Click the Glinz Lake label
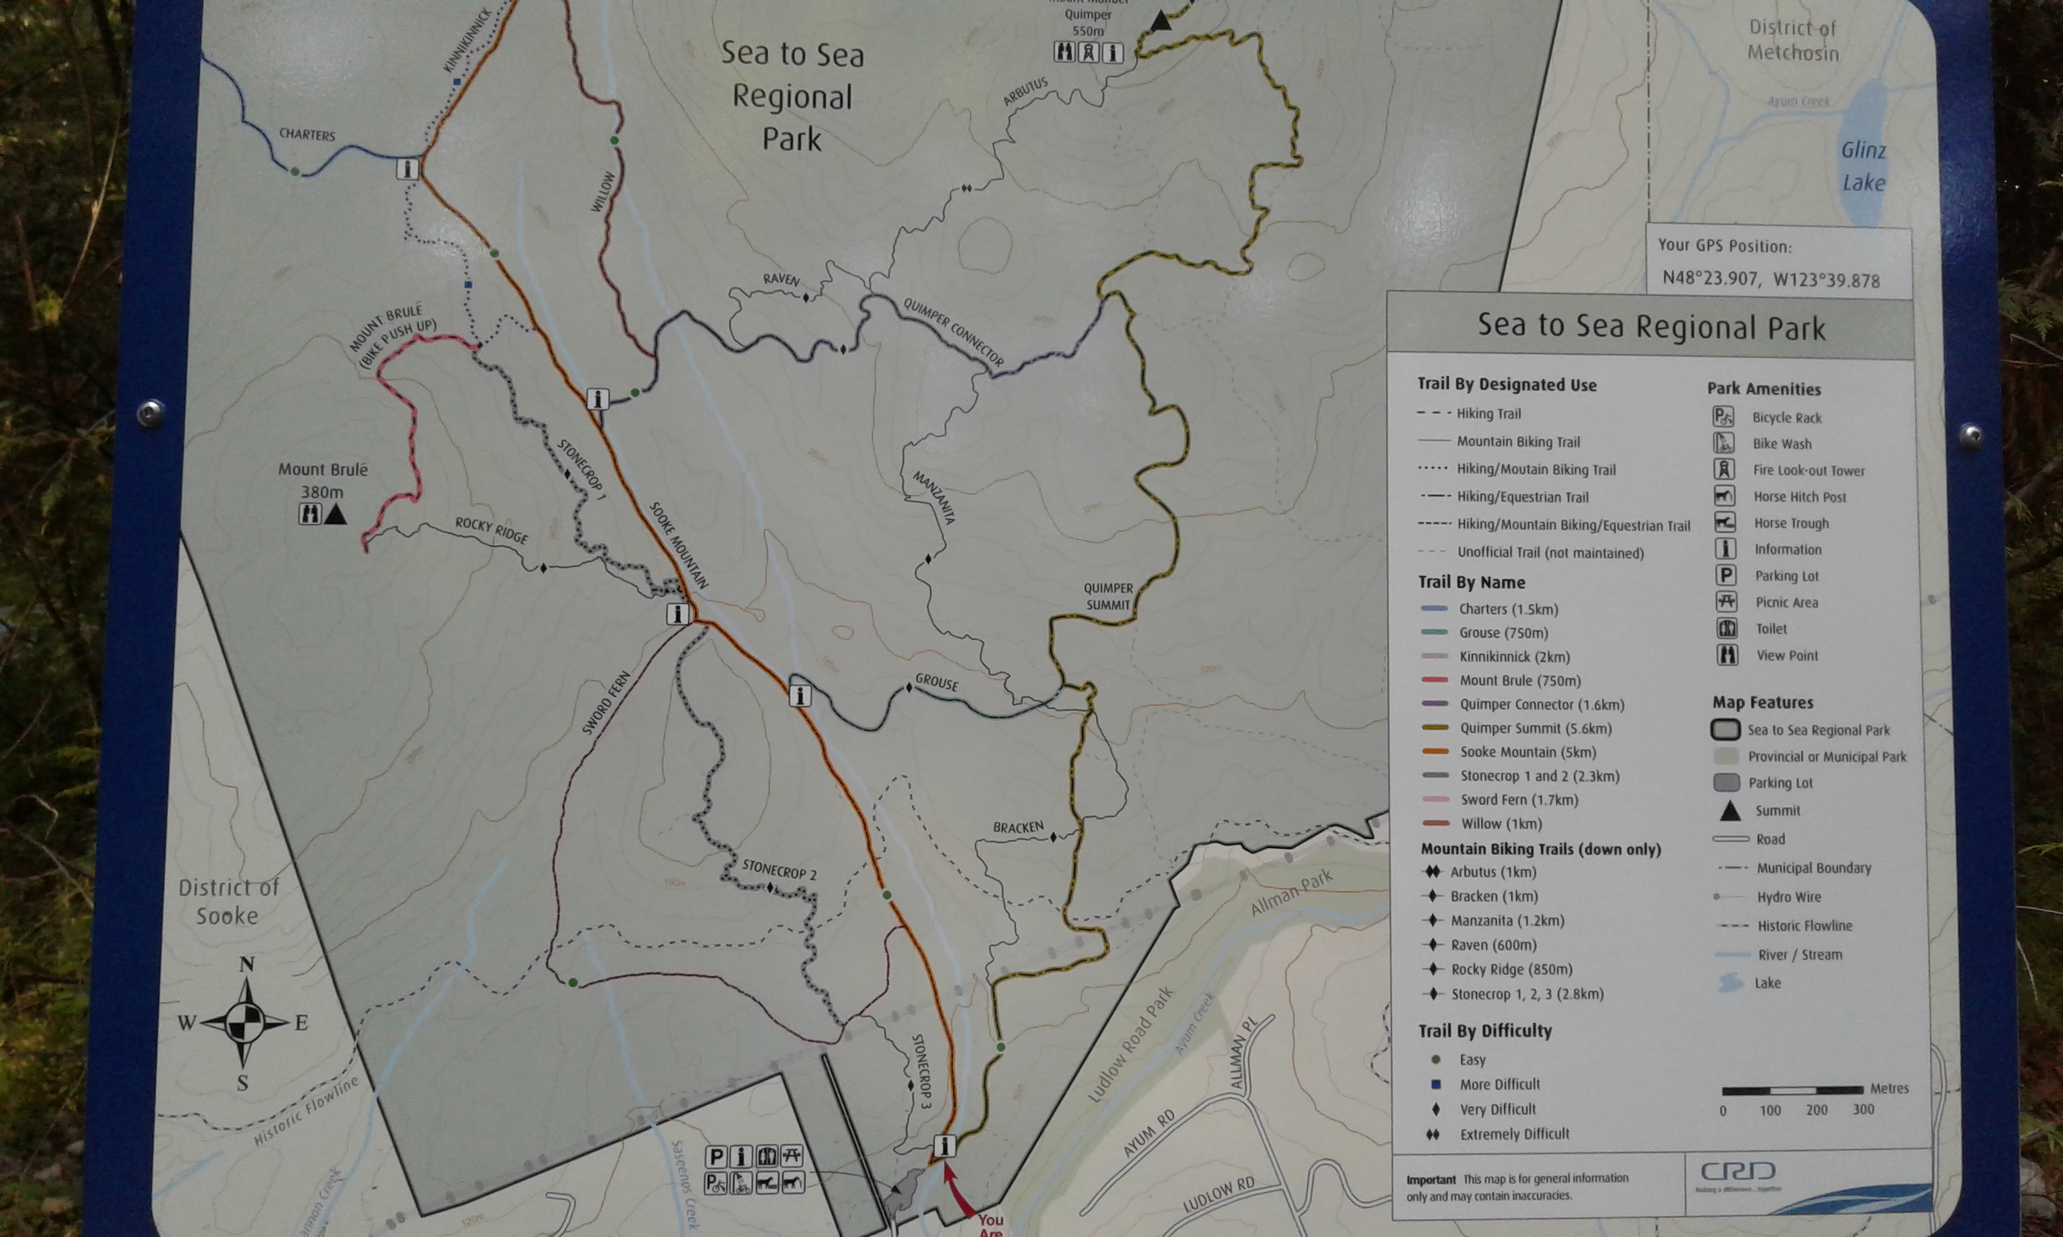[x=1864, y=166]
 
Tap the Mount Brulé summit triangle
[x=335, y=515]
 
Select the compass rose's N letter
[x=247, y=966]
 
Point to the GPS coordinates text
[x=1771, y=279]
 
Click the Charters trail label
[x=307, y=134]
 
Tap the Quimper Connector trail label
[x=954, y=331]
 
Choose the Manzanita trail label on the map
[x=934, y=498]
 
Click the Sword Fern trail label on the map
[x=606, y=704]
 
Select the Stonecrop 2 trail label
[x=778, y=870]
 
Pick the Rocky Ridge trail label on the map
[x=491, y=529]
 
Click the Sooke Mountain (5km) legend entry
[x=1528, y=752]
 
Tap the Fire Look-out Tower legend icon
[x=1724, y=470]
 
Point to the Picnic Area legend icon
[x=1725, y=602]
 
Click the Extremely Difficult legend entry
[x=1514, y=1135]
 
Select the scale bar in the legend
[x=1792, y=1090]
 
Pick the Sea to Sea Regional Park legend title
[x=1651, y=327]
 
